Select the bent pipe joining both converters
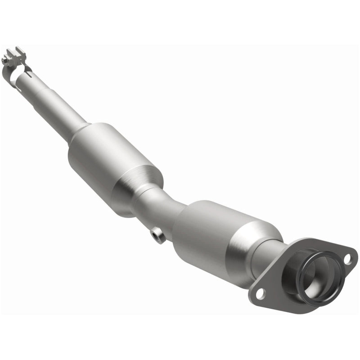tap(162, 207)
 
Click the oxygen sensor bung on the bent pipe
tap(156, 235)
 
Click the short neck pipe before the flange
tap(270, 261)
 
